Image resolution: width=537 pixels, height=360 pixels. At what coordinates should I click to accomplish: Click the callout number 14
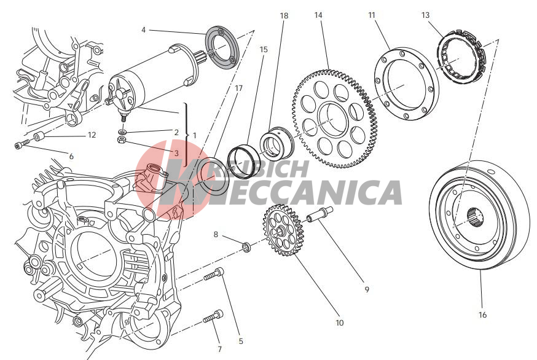[318, 15]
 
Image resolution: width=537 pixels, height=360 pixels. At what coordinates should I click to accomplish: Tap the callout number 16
[482, 315]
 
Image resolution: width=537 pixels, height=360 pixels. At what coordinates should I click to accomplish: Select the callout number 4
[144, 30]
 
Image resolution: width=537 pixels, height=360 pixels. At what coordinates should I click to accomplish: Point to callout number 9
[367, 289]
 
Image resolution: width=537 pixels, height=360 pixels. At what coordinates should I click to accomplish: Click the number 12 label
[92, 135]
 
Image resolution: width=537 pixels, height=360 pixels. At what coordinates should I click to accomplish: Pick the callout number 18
[284, 16]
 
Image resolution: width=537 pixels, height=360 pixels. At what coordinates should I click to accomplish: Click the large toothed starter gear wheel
[334, 119]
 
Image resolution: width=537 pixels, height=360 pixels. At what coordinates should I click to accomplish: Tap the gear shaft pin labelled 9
[319, 214]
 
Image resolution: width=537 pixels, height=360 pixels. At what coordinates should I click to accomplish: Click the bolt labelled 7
[213, 316]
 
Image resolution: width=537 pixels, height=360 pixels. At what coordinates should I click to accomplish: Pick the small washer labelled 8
[246, 247]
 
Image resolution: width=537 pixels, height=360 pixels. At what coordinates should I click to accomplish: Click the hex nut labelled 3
[122, 139]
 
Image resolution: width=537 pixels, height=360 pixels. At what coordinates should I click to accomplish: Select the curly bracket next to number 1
[186, 135]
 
